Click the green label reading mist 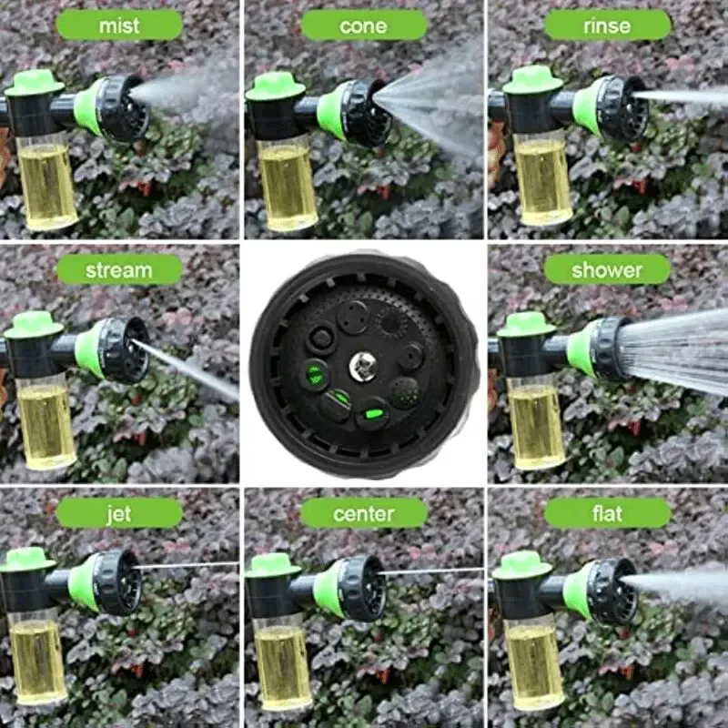coord(119,25)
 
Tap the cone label coord(363,25)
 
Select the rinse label coord(607,25)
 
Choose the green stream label coord(119,270)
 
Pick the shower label coord(607,270)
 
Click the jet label coord(119,514)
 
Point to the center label coord(363,514)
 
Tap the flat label coord(607,514)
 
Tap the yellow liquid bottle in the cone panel coord(286,187)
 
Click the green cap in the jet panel coord(30,559)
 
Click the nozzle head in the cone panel coord(359,111)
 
